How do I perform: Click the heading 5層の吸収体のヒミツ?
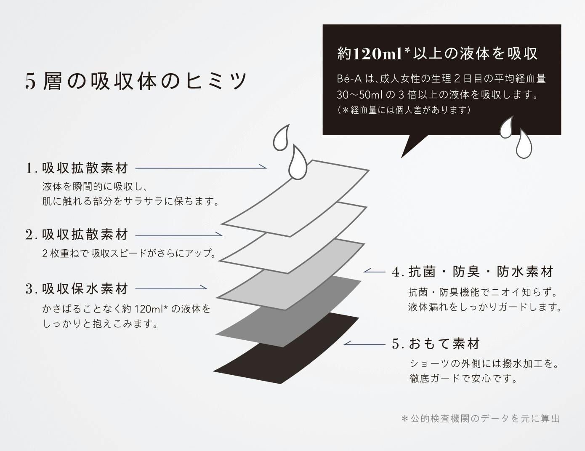pos(136,81)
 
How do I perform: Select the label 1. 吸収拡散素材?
pos(77,168)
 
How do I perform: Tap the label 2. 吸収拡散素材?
pos(77,235)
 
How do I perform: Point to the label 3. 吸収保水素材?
pos(77,289)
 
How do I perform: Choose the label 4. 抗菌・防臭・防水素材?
pos(472,272)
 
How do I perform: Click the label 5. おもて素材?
pos(436,344)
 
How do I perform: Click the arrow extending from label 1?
pos(201,168)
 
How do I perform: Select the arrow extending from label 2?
pos(179,235)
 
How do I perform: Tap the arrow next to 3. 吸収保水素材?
pos(171,288)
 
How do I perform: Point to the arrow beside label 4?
pos(375,271)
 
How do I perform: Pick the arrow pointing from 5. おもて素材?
pos(364,344)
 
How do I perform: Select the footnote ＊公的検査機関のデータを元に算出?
pos(480,419)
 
